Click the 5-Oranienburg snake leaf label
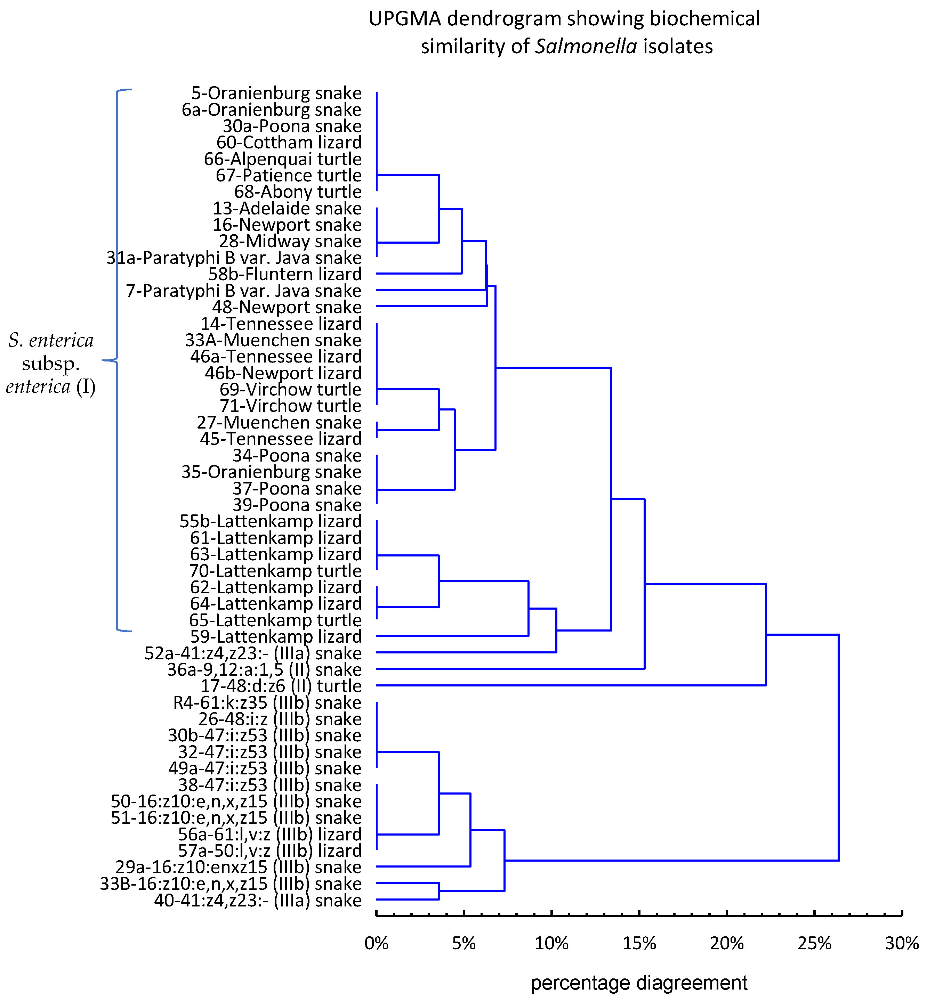point(276,93)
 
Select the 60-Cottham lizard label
point(289,143)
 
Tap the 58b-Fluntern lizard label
point(285,274)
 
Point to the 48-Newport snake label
point(287,307)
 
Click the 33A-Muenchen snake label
point(273,340)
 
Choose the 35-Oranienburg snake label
point(271,472)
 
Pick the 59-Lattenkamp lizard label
point(276,636)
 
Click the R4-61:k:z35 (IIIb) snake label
point(267,702)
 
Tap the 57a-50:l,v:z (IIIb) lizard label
point(270,851)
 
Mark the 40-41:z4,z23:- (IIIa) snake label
point(258,901)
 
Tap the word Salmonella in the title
point(586,47)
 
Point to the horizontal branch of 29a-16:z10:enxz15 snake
point(423,866)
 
